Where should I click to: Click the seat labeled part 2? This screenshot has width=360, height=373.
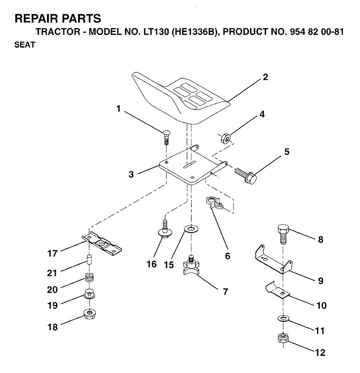pyautogui.click(x=179, y=97)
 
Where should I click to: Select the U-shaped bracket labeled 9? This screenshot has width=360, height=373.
pyautogui.click(x=274, y=259)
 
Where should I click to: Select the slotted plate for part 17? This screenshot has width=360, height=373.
pyautogui.click(x=103, y=243)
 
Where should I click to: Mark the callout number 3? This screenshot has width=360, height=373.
pyautogui.click(x=131, y=175)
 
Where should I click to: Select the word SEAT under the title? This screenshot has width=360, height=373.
pyautogui.click(x=22, y=46)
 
